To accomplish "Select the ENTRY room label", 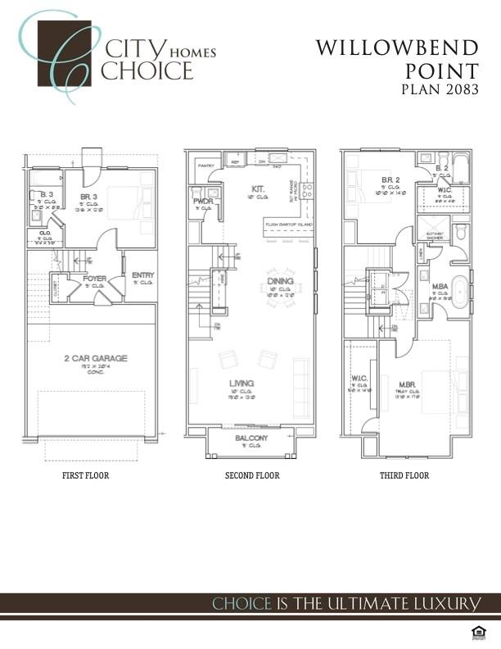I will pyautogui.click(x=142, y=275).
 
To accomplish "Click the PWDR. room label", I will pyautogui.click(x=203, y=201).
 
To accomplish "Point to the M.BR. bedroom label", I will pyautogui.click(x=406, y=383).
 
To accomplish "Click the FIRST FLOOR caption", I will pyautogui.click(x=85, y=475).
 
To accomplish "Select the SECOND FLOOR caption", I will pyautogui.click(x=252, y=475).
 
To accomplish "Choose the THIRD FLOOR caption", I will pyautogui.click(x=404, y=475).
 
